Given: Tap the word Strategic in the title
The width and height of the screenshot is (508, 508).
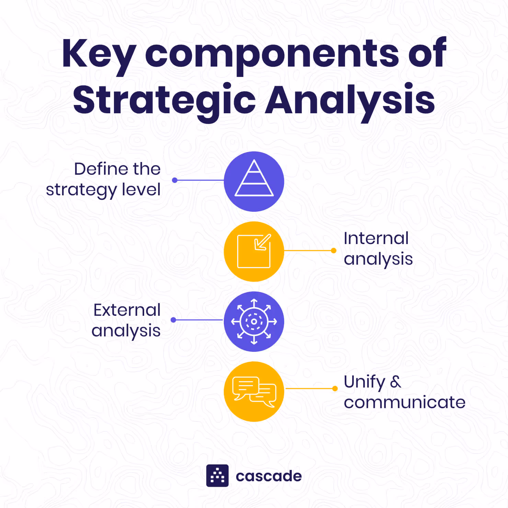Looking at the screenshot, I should click(164, 100).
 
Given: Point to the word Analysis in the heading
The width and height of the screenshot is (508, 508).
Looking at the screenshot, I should click(350, 100).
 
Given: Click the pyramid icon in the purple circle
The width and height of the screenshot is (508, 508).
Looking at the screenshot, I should click(254, 179).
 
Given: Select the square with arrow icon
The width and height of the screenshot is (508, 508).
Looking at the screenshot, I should click(254, 251).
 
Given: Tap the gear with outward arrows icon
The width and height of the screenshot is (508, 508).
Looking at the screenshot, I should click(254, 322).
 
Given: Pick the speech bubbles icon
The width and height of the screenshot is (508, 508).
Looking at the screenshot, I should click(254, 392).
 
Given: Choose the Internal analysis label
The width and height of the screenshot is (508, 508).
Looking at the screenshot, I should click(378, 249).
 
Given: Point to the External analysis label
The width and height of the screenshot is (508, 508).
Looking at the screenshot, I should click(126, 320).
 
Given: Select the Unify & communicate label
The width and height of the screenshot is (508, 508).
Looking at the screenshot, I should click(404, 392).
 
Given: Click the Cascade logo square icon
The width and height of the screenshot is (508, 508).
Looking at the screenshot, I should click(217, 476).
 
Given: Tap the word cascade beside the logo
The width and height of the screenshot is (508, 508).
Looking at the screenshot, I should click(268, 476).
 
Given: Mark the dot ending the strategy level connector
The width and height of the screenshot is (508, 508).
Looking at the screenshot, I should click(175, 180).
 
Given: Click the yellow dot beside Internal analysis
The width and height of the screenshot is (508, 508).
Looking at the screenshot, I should click(333, 251).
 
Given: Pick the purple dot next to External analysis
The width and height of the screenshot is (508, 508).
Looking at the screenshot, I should click(173, 320).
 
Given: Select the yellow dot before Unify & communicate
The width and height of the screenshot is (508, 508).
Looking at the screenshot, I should click(335, 389).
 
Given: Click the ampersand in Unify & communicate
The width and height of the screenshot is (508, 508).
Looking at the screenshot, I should click(395, 382).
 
